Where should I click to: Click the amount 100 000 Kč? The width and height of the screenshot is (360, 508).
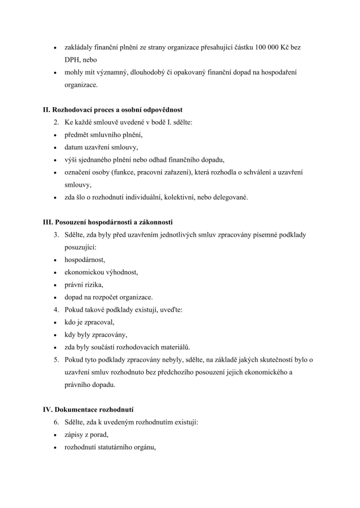tap(272, 47)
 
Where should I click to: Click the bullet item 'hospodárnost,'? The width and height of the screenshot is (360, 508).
tap(84, 259)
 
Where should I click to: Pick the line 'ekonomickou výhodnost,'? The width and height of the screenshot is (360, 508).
tap(101, 272)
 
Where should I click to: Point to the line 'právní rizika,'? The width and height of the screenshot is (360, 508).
tap(83, 285)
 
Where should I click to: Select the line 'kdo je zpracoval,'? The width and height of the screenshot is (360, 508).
tap(89, 322)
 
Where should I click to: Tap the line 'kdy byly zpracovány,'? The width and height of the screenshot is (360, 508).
tap(94, 335)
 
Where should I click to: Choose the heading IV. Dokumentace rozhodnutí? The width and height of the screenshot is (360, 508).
tap(88, 410)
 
